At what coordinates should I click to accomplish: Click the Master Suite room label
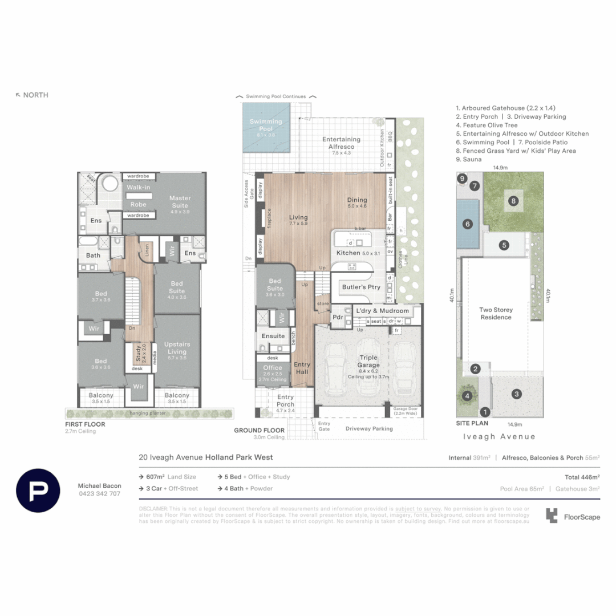180,201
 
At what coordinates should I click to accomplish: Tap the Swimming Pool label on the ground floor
266,125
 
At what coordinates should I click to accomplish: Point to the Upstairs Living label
177,348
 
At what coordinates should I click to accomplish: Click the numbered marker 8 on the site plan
513,201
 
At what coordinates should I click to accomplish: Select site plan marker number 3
516,394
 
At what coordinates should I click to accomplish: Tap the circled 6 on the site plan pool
468,224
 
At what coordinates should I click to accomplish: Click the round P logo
38,490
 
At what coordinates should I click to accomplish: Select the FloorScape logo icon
551,516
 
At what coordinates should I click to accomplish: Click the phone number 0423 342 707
99,494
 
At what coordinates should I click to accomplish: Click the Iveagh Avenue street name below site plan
499,436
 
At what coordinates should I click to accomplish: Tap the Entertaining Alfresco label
341,143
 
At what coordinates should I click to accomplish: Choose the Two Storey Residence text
496,314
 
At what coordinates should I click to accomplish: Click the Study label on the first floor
140,351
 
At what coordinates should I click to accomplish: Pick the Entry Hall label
302,368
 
